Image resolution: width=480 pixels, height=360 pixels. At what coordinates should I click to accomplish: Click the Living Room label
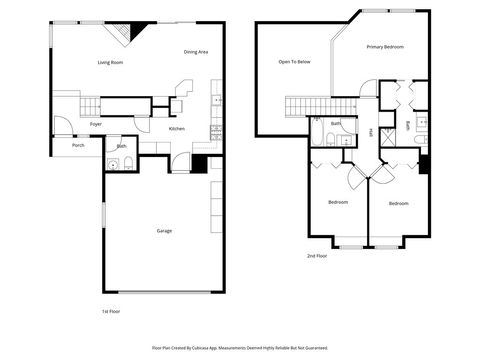pos(110,63)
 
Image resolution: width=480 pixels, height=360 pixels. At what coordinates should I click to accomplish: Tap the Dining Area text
pos(196,52)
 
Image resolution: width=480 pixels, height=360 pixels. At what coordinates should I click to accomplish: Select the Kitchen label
pos(176,129)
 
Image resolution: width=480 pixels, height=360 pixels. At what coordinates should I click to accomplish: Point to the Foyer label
pos(96,124)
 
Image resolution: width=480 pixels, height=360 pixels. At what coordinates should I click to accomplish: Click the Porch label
pos(78,146)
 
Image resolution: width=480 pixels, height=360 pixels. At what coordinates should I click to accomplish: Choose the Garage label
pos(164,231)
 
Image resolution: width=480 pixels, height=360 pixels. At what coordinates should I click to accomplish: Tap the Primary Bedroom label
pos(385,47)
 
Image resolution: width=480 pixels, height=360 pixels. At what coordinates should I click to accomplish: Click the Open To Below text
pos(294,62)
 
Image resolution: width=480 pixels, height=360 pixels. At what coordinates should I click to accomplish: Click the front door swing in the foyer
pos(62,125)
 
